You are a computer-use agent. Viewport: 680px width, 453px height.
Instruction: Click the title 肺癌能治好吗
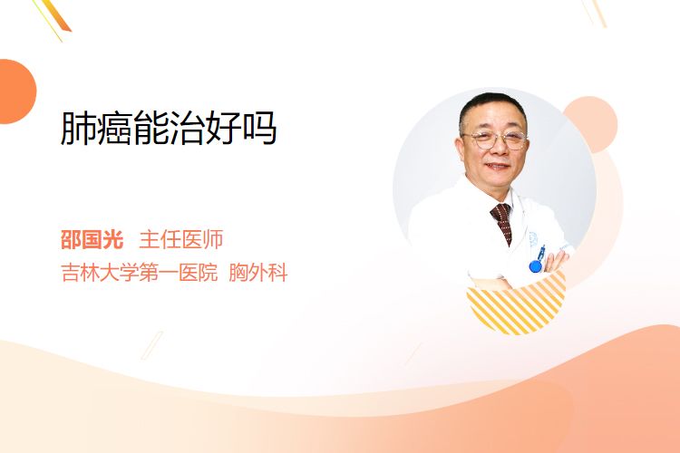tap(169, 128)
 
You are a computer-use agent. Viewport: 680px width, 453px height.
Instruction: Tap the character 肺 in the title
tap(78, 128)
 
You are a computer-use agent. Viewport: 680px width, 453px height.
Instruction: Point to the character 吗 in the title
tap(260, 128)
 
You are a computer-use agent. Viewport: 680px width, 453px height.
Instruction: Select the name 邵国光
tap(92, 239)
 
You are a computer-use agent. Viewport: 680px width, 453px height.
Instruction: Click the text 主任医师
tap(180, 239)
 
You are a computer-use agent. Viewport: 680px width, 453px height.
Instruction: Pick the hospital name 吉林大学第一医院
tap(140, 273)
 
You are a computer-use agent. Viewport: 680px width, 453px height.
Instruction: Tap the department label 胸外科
tap(258, 273)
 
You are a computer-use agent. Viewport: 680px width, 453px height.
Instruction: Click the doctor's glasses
tap(494, 140)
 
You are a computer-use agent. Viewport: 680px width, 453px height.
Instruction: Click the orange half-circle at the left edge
tap(18, 92)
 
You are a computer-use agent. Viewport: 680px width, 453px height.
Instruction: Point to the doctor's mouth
tap(497, 166)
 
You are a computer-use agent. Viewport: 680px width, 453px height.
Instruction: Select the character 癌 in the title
tap(114, 128)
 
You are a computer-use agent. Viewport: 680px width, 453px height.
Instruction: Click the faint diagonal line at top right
tap(595, 13)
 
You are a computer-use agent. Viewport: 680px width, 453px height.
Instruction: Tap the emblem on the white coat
tap(533, 239)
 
